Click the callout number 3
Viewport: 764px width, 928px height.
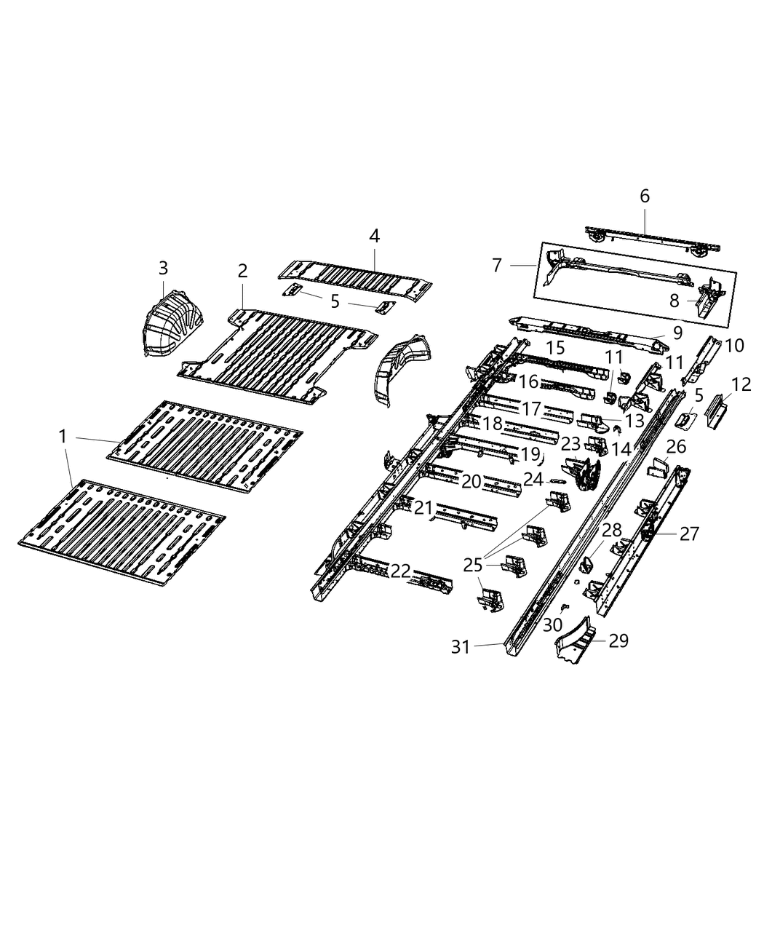163,268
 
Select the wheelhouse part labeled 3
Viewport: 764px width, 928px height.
172,326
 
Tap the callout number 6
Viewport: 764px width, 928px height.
644,196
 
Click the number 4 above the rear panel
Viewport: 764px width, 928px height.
374,236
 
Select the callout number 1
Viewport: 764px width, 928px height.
63,436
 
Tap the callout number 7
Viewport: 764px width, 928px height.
497,265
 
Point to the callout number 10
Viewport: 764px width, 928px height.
735,346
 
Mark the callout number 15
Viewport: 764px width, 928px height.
555,348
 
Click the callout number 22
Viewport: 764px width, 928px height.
401,571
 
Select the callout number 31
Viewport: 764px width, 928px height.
461,646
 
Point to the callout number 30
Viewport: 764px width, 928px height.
552,624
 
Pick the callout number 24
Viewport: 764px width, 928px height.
533,480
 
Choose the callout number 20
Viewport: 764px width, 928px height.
471,481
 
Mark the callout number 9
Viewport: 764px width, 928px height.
677,333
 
